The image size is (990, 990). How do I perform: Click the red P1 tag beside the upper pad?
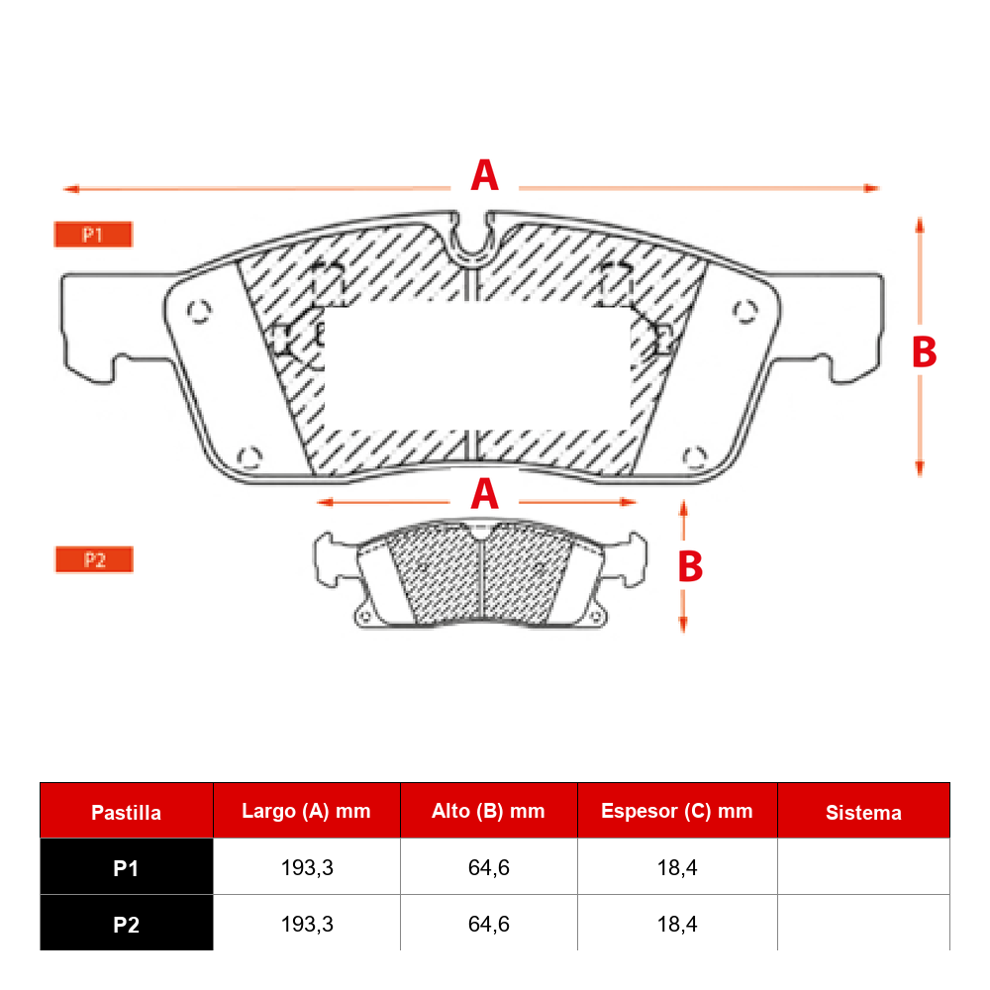coord(93,235)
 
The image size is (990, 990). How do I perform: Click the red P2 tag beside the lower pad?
coord(95,559)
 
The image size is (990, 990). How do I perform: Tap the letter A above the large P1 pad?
coord(485,175)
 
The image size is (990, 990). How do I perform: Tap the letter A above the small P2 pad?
coord(485,494)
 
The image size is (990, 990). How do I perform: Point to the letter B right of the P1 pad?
coord(925,351)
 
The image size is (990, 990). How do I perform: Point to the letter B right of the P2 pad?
coord(690,565)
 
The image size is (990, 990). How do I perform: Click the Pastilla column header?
coord(127,812)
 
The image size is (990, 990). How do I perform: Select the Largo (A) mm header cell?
coord(306,812)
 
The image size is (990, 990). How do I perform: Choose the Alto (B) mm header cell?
coord(488,812)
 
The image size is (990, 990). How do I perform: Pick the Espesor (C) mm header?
coord(677,812)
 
